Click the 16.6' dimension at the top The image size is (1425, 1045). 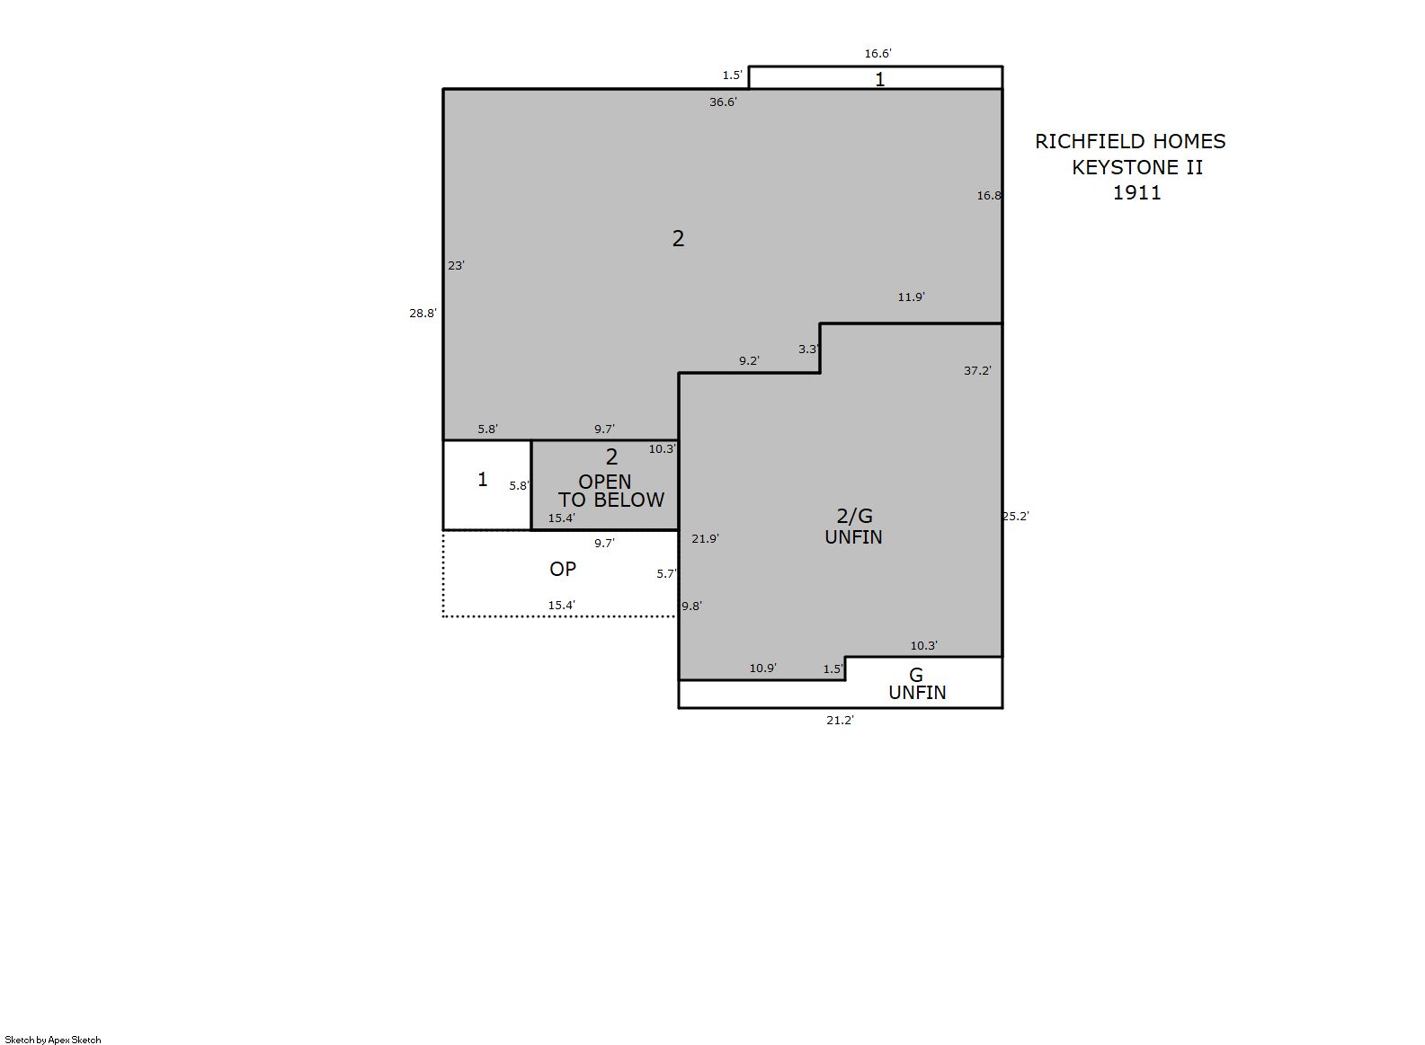pyautogui.click(x=877, y=54)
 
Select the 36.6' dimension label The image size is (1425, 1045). pyautogui.click(x=723, y=102)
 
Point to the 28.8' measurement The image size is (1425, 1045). pyautogui.click(x=423, y=314)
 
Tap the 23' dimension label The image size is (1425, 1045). pyautogui.click(x=456, y=266)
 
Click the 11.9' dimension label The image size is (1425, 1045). pyautogui.click(x=911, y=297)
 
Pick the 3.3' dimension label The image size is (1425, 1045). pyautogui.click(x=808, y=349)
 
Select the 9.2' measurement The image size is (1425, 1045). pyautogui.click(x=749, y=361)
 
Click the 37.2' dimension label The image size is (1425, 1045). pyautogui.click(x=977, y=370)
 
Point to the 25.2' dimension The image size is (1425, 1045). pyautogui.click(x=1015, y=516)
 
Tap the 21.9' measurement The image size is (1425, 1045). pyautogui.click(x=705, y=539)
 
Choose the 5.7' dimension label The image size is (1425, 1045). pyautogui.click(x=667, y=574)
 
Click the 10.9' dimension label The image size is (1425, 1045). pyautogui.click(x=762, y=668)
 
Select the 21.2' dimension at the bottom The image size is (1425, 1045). pyautogui.click(x=840, y=721)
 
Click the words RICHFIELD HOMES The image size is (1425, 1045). pyautogui.click(x=1130, y=141)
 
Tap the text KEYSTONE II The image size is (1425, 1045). pyautogui.click(x=1136, y=167)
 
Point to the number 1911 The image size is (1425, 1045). pyautogui.click(x=1136, y=192)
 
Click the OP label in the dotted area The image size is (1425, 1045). pyautogui.click(x=563, y=569)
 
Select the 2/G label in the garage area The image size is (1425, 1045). pyautogui.click(x=854, y=515)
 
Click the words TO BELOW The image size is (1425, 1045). pyautogui.click(x=611, y=500)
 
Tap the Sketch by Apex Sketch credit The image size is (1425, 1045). pyautogui.click(x=53, y=1040)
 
